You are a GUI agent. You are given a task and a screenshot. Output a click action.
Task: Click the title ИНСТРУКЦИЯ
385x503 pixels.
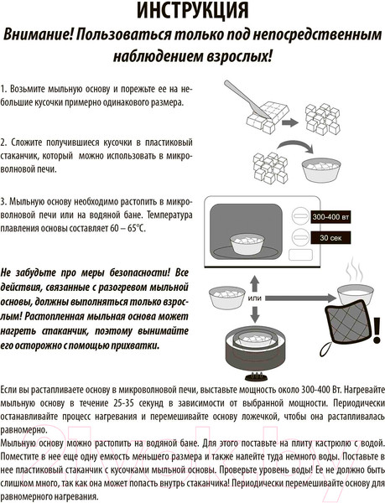[192, 12]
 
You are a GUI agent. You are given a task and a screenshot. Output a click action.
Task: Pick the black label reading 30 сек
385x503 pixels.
[329, 238]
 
